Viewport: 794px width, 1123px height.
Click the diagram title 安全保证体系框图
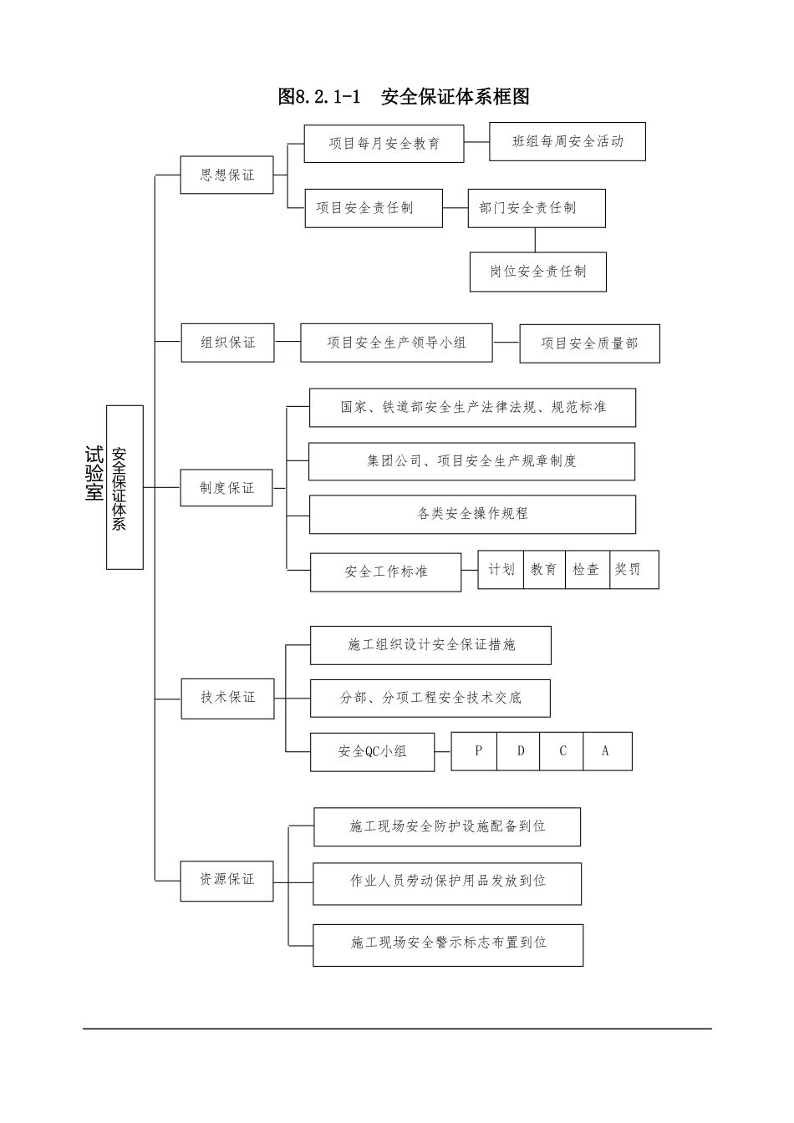(x=405, y=97)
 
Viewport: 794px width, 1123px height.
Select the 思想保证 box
(x=227, y=175)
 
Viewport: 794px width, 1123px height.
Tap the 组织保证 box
(x=227, y=343)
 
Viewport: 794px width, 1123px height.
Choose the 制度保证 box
(x=226, y=488)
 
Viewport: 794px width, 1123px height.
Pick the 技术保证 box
(x=227, y=698)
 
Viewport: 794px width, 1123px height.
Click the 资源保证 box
(x=226, y=880)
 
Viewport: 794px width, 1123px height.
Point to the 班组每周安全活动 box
(x=568, y=142)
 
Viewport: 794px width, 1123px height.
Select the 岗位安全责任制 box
(x=537, y=272)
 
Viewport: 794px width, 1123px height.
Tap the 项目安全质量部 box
(x=589, y=343)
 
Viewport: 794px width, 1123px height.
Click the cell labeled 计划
(x=501, y=570)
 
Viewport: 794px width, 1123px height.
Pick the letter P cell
(x=478, y=751)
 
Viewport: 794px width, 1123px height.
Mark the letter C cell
(x=562, y=751)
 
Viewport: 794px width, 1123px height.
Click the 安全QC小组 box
(x=373, y=752)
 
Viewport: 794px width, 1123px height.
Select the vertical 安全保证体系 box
(x=125, y=488)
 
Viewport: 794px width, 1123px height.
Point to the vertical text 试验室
(x=94, y=473)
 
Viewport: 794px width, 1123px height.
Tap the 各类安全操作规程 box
(x=472, y=514)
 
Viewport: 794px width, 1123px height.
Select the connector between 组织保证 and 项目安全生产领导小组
(x=288, y=342)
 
